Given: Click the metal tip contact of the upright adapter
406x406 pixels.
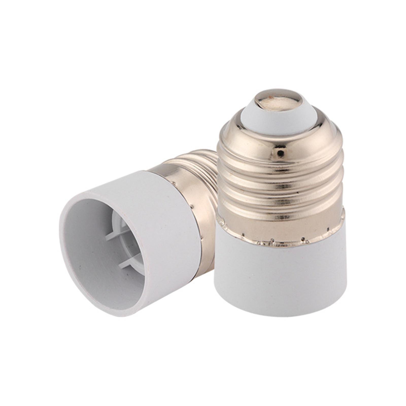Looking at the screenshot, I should coord(279,98).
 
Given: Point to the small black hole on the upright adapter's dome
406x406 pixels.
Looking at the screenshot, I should coord(281,153).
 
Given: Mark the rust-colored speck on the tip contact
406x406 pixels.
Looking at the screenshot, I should coord(271,97).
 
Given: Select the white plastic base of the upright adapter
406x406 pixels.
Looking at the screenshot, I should coord(279,279).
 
